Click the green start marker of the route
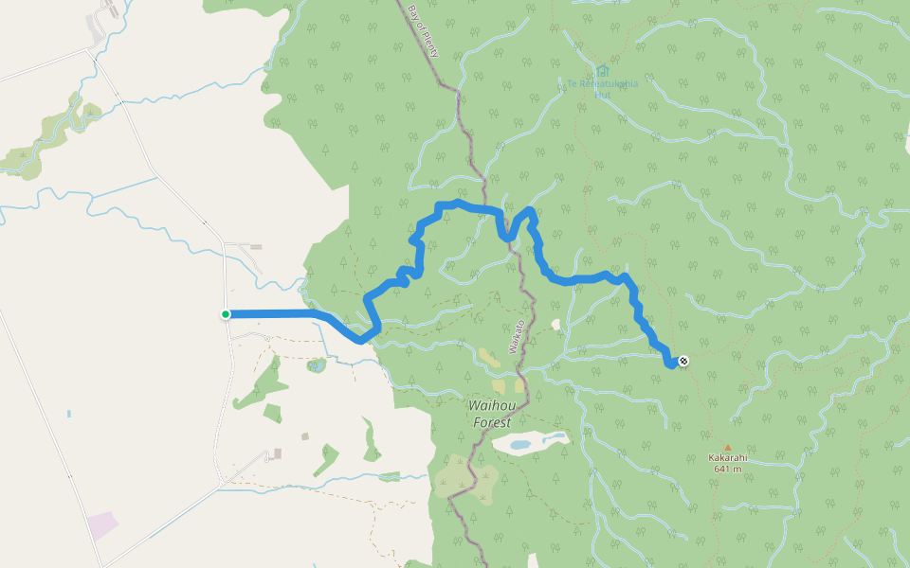pos(226,314)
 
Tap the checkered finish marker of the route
pos(683,360)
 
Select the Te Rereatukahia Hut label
pos(603,88)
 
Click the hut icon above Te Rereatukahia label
pos(603,70)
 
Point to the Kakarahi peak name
pos(728,457)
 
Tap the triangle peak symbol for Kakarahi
pos(728,447)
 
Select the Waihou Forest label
pos(490,413)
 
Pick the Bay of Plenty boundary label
pos(423,30)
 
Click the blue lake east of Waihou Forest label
pos(520,444)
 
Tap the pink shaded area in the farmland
pos(103,525)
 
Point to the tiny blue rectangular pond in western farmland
pos(69,415)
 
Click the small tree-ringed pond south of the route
pos(317,364)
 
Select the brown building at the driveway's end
pos(276,454)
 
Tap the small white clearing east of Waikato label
pos(555,325)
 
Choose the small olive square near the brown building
pos(304,436)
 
